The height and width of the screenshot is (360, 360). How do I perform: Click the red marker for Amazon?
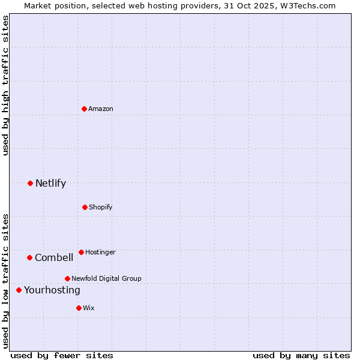[x=85, y=109]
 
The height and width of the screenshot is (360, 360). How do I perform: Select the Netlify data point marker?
[x=30, y=183]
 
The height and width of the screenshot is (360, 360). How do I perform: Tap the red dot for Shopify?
[x=85, y=207]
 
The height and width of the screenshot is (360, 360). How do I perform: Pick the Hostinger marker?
[x=81, y=252]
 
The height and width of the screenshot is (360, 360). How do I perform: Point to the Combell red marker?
[x=29, y=257]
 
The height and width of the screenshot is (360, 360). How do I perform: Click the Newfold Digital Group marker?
[x=67, y=278]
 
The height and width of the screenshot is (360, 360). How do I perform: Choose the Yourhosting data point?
[x=19, y=290]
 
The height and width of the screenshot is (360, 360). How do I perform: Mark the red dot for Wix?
[x=79, y=308]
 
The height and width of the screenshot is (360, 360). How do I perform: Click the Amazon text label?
[x=101, y=109]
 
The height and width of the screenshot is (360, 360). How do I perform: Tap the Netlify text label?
[x=50, y=183]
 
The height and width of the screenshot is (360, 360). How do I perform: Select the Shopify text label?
[x=101, y=207]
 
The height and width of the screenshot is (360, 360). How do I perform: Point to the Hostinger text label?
[x=100, y=252]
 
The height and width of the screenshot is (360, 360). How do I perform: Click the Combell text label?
[x=54, y=257]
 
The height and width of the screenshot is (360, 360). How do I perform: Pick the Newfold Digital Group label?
[x=106, y=278]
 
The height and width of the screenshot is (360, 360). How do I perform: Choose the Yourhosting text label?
[x=52, y=290]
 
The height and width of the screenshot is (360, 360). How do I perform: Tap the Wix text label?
[x=89, y=308]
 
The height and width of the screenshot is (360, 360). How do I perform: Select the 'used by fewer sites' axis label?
[x=62, y=355]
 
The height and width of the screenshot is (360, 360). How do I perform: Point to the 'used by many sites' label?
[x=301, y=355]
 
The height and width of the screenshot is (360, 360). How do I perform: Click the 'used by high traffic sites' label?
[x=5, y=85]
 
